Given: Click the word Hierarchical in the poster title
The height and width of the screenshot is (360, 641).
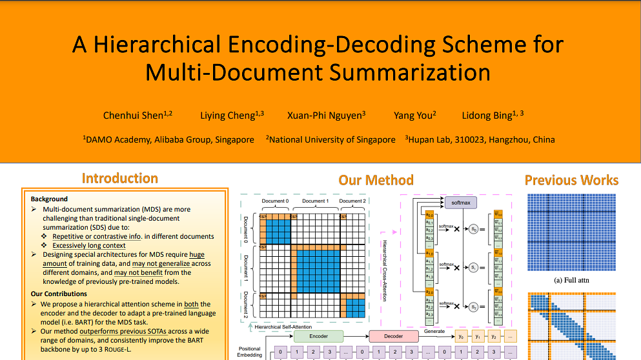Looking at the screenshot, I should (156, 45).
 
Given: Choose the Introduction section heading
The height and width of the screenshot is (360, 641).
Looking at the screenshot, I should (120, 179).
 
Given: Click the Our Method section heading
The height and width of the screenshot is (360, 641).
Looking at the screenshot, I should (376, 180).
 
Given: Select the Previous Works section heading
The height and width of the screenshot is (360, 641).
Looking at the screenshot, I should (571, 180).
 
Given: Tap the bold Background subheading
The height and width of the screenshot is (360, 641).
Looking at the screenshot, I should (49, 199).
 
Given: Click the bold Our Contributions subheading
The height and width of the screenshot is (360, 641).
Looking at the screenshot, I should (59, 294).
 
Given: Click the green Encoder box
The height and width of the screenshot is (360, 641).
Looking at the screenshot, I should (319, 336).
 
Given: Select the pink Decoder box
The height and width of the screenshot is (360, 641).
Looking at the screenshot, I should (393, 336).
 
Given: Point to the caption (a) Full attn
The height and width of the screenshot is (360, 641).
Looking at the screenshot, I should (571, 280).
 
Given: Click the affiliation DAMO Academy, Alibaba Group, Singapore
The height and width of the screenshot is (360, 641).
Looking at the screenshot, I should (168, 139).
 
